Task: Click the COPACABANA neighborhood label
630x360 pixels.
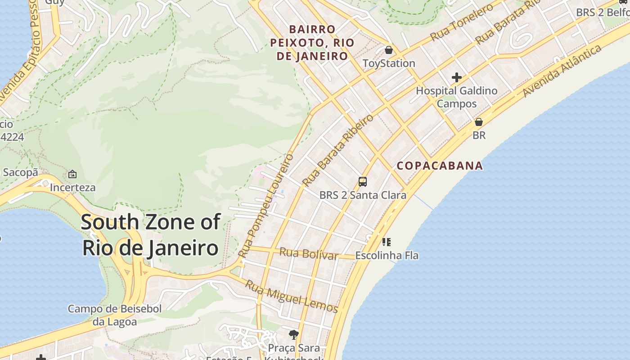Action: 440,166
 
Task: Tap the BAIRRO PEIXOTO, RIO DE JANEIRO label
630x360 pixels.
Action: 312,43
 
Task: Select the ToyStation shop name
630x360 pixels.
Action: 389,63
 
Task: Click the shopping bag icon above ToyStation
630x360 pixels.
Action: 389,49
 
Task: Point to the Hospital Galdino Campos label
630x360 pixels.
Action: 456,97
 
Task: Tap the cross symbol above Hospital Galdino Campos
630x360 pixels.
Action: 457,77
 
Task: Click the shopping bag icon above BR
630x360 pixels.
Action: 479,122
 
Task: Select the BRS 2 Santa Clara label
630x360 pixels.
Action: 363,195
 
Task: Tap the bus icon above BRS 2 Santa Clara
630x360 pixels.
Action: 363,182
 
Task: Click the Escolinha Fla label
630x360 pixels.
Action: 387,256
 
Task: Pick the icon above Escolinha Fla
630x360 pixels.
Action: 387,242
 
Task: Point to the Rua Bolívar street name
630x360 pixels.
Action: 308,253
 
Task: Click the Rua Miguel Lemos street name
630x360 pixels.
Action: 291,297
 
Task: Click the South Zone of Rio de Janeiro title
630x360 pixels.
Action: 151,235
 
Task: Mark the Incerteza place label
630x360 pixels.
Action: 72,187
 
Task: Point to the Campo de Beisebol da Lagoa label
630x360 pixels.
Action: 115,315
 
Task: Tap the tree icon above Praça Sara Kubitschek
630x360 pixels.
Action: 294,334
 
